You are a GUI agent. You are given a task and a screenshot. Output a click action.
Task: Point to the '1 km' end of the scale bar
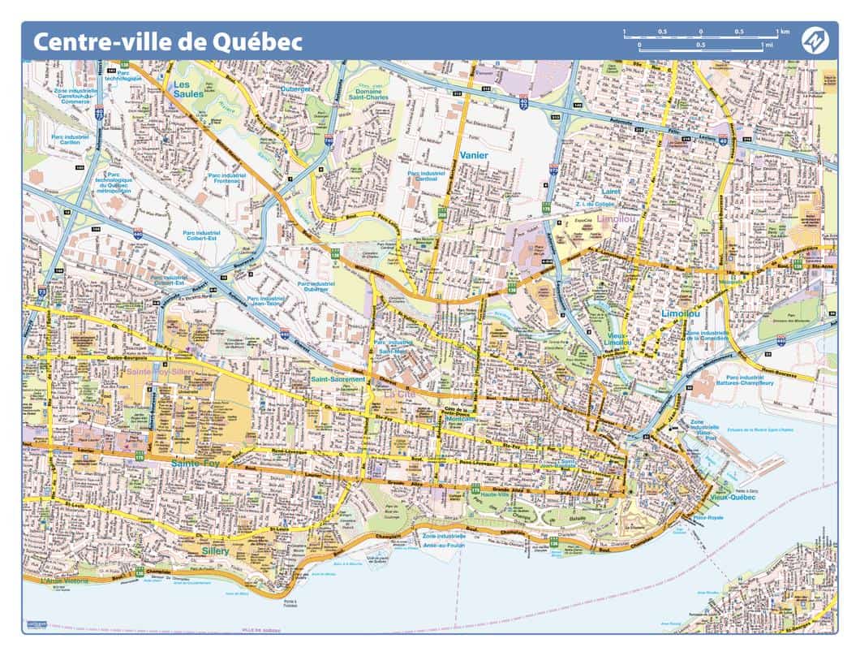coord(782,32)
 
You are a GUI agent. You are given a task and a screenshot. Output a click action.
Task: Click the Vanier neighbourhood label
coord(472,154)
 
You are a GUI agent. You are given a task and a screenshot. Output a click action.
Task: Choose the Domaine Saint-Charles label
coord(369,93)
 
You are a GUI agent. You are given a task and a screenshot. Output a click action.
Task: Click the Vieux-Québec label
coord(732,497)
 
